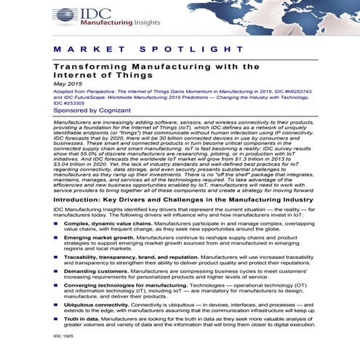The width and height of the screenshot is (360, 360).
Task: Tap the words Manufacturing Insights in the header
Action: (x=109, y=23)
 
